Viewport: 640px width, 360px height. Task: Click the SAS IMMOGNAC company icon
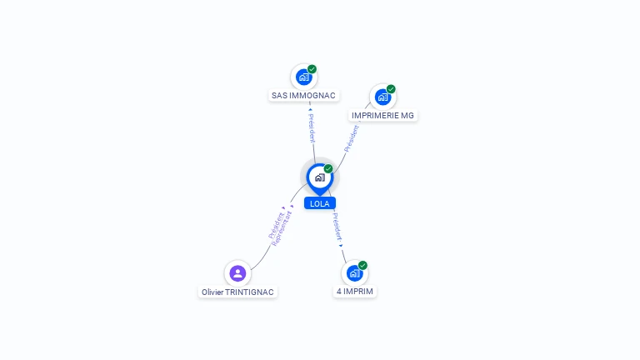[304, 77]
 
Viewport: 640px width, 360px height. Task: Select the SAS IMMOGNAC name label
[303, 96]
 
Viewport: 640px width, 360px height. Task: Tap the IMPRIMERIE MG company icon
[382, 97]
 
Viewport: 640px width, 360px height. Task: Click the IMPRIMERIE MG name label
[382, 116]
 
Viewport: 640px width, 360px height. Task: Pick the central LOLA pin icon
[320, 178]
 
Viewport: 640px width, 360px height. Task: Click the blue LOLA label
[320, 203]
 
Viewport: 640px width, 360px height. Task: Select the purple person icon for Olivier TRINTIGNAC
[237, 273]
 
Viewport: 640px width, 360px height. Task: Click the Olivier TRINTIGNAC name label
[237, 292]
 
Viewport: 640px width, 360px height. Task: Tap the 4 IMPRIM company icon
[355, 273]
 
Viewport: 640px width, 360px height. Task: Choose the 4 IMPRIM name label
[355, 292]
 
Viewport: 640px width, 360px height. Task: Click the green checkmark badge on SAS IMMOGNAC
[312, 69]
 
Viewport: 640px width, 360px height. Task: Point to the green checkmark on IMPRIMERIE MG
[391, 89]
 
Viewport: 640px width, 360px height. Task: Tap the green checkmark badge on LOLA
[328, 168]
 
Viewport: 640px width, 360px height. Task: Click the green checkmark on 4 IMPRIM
[362, 265]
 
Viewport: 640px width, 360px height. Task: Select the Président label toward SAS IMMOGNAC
[312, 128]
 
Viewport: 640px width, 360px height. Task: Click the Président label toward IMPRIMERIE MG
[352, 139]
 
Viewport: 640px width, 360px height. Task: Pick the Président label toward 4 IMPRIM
[337, 227]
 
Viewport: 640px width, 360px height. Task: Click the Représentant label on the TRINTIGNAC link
[282, 229]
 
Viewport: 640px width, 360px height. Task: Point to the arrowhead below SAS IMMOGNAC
[310, 109]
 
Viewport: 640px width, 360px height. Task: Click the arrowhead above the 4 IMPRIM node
[341, 246]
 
